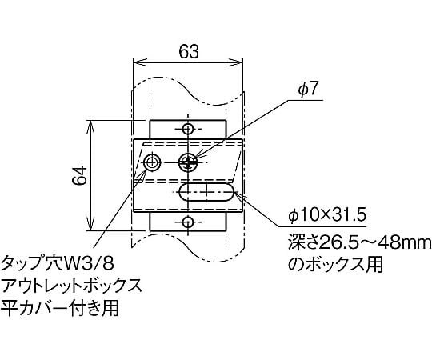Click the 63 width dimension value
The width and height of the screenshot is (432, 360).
coord(189,51)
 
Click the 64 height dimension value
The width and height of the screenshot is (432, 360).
coord(80,176)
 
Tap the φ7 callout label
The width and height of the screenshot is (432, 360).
coord(309,90)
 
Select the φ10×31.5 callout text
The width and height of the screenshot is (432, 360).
coord(327,215)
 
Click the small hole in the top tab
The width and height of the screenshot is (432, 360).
coord(188,129)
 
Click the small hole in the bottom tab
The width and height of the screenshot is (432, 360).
coord(188,222)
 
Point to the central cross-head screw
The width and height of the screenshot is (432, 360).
coord(188,162)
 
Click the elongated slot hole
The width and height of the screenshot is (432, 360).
coord(206,192)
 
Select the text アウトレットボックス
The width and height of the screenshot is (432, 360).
coord(72,286)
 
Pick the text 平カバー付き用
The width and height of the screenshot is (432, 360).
coord(60,307)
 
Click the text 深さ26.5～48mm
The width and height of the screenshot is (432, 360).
coord(360,242)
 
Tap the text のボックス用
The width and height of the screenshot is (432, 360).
coord(335,264)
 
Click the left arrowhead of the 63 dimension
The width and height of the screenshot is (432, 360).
coord(138,62)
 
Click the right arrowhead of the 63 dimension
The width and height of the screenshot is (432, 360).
coord(238,62)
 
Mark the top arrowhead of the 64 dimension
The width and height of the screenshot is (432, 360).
coord(90,126)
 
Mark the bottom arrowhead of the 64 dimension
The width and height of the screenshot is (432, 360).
coord(90,225)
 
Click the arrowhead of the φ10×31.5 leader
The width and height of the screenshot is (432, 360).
coord(238,194)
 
